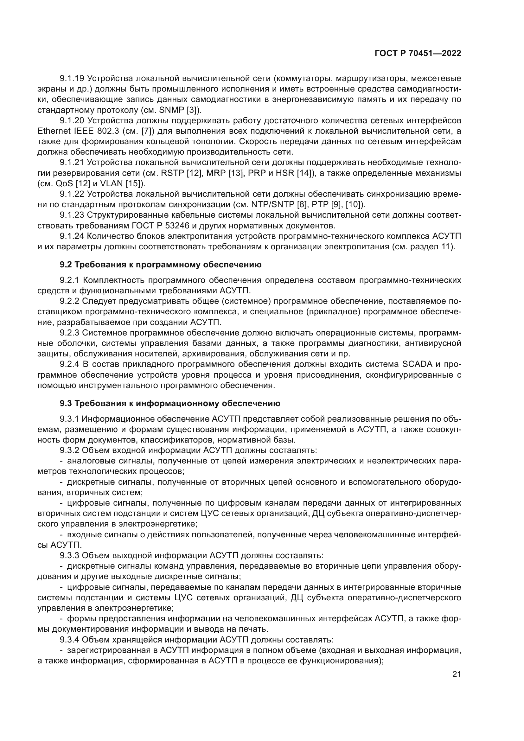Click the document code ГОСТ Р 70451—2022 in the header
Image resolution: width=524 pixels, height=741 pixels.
[418, 54]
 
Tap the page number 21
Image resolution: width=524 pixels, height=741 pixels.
[457, 674]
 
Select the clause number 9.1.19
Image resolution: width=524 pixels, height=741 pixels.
[72, 78]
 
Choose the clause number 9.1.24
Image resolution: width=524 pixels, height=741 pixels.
[72, 236]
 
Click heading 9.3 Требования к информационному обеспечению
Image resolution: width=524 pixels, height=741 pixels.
[170, 403]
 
